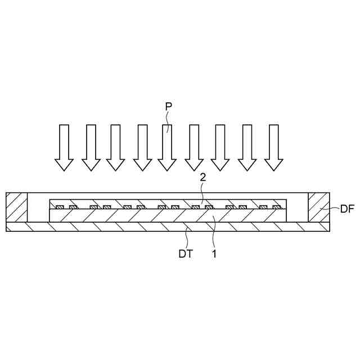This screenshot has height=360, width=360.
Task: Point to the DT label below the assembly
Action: [x=186, y=254]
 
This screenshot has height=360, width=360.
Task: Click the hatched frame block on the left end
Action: [x=16, y=207]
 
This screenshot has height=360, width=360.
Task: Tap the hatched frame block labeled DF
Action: [x=319, y=207]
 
